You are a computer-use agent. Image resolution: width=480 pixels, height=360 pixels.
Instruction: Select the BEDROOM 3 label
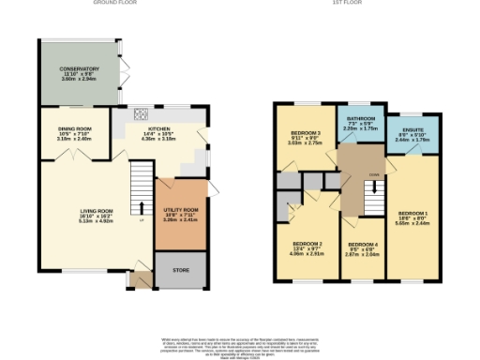pos(306,134)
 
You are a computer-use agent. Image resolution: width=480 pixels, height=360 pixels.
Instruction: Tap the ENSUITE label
pos(412,131)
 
